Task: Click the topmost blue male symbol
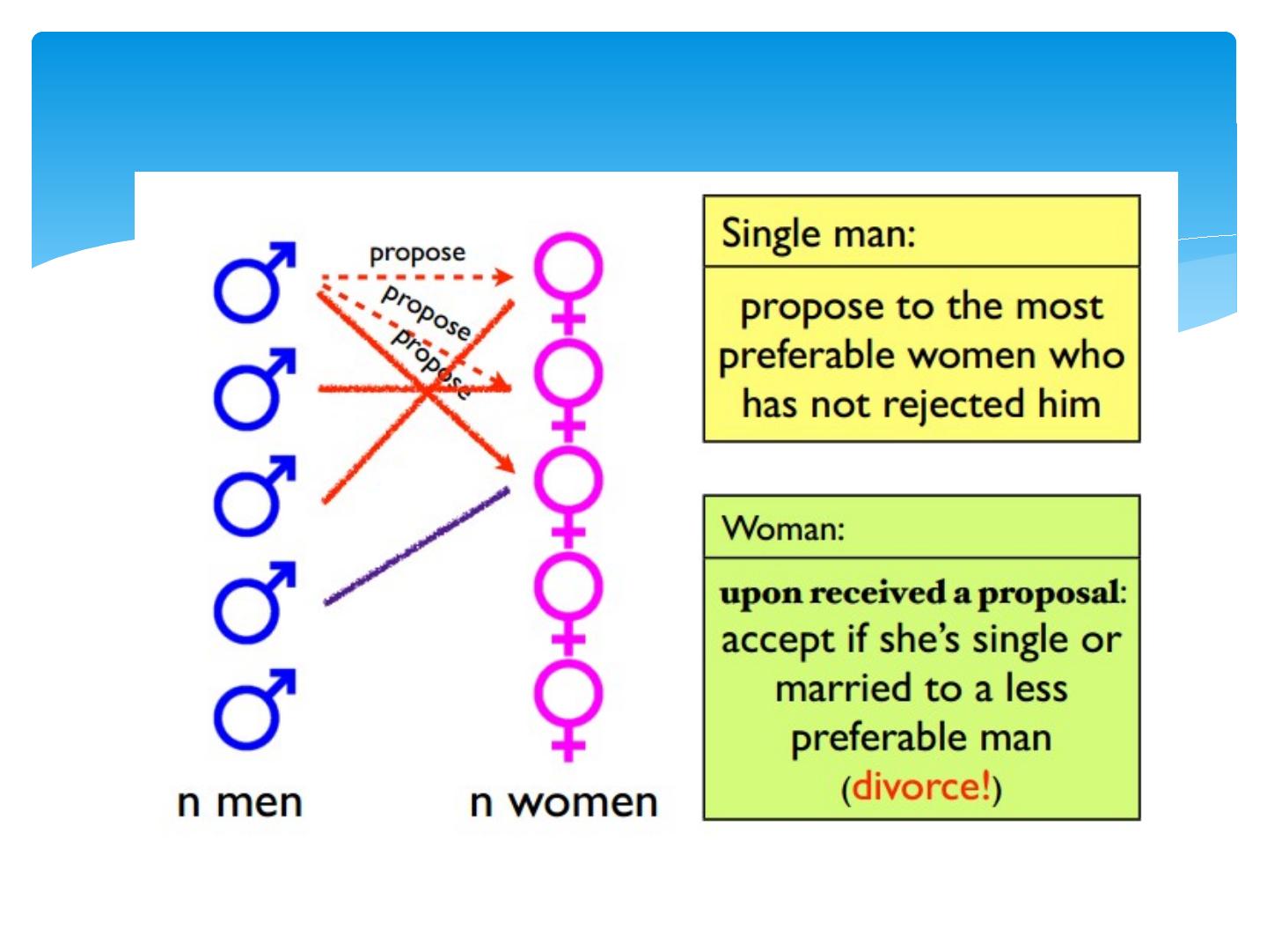(x=251, y=284)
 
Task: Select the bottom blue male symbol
(x=251, y=711)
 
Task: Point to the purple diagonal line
(x=417, y=546)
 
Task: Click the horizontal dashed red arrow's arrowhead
(x=504, y=277)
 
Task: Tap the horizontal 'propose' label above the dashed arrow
(x=417, y=254)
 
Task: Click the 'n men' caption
(x=239, y=803)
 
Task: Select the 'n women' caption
(x=563, y=803)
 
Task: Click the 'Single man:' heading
(x=818, y=234)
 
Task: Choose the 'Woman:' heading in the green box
(x=783, y=529)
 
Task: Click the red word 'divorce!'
(x=921, y=786)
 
